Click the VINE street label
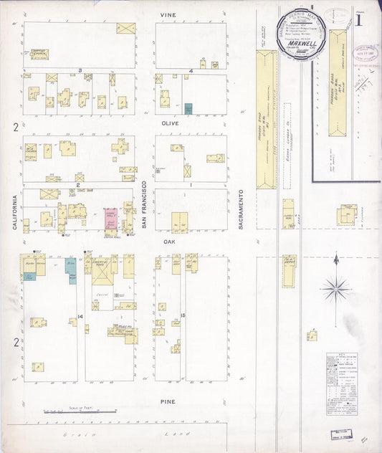[x=168, y=14]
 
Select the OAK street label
[x=169, y=242]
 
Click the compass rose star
[x=335, y=288]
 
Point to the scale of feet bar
[x=79, y=411]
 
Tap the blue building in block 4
[x=188, y=108]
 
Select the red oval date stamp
[x=369, y=53]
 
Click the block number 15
[x=184, y=315]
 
